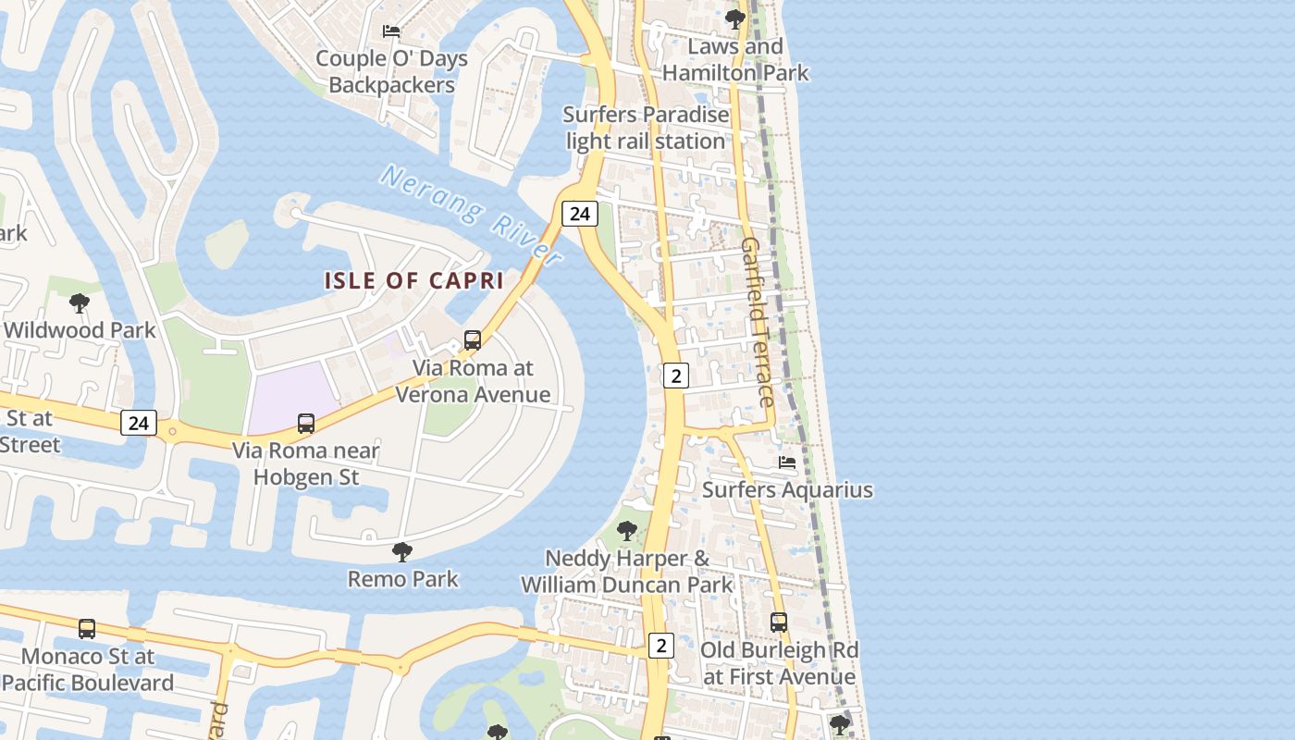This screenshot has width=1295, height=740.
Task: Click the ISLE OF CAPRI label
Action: [x=413, y=280]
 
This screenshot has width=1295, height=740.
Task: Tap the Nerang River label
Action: [x=472, y=216]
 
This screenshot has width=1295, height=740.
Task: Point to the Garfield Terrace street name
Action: [x=758, y=322]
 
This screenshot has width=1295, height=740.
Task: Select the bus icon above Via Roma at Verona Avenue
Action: [x=473, y=340]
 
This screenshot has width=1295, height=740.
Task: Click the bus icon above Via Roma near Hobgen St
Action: [x=306, y=424]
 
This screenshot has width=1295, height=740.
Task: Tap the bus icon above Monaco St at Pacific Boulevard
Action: [x=87, y=629]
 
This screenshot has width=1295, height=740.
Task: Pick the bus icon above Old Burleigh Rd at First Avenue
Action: [x=779, y=623]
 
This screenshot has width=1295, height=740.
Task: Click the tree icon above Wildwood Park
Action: [x=80, y=302]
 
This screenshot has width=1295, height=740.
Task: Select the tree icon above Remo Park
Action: [x=402, y=552]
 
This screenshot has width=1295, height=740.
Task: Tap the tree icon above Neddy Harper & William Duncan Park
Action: [x=627, y=531]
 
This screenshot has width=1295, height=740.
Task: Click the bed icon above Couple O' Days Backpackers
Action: [x=391, y=31]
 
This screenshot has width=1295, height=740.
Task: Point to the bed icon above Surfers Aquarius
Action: [x=787, y=462]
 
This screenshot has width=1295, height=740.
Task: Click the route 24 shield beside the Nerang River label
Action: [x=580, y=214]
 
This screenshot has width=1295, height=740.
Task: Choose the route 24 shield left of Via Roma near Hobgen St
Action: [x=138, y=423]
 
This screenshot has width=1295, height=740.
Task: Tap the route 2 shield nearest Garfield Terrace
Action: [x=676, y=376]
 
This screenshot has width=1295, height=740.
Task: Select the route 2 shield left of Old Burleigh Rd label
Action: [x=660, y=645]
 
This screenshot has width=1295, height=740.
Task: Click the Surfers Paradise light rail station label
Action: [x=646, y=129]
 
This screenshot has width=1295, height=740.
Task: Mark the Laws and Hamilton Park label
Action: [x=736, y=59]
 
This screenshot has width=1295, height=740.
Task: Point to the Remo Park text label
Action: [x=402, y=580]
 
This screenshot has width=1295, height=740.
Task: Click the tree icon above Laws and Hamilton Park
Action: [x=735, y=18]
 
